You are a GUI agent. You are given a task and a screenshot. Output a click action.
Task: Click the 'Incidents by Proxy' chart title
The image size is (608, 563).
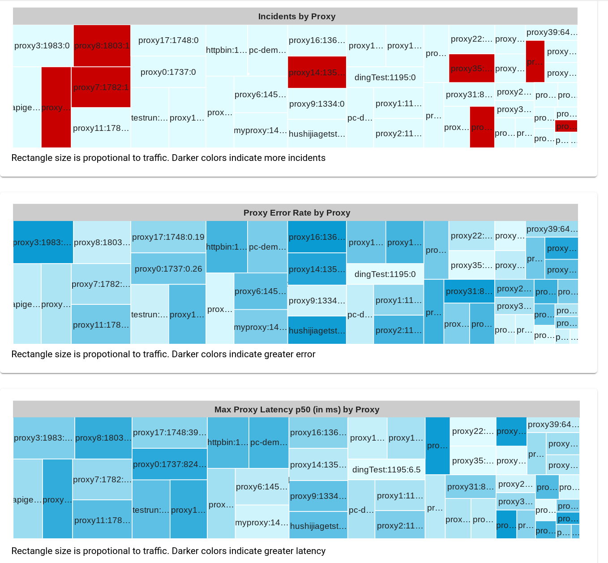(296, 17)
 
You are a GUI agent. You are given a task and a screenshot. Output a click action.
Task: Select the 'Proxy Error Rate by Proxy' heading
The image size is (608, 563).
(296, 213)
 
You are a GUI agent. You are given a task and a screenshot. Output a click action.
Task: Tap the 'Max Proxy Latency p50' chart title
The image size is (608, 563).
(296, 410)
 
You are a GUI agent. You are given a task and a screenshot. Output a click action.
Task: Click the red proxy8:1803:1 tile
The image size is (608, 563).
(102, 46)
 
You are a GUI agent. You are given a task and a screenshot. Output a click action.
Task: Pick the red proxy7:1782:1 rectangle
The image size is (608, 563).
(101, 87)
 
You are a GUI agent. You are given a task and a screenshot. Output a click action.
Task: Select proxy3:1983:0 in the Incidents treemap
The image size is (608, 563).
(43, 46)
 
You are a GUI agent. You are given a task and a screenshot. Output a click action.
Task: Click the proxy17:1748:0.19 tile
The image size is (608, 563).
(168, 237)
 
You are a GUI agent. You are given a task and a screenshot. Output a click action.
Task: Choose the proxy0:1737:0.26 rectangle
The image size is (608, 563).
(168, 269)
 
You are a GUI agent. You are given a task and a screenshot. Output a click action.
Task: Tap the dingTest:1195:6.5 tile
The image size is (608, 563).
(386, 469)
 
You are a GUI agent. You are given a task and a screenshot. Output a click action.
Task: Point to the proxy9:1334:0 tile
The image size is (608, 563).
(317, 104)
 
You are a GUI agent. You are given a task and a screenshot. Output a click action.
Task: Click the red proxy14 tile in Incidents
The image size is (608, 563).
(317, 72)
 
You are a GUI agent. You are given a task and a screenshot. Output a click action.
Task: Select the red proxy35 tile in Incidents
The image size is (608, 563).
(471, 69)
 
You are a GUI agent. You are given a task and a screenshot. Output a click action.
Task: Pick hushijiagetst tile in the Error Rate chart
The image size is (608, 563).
(317, 330)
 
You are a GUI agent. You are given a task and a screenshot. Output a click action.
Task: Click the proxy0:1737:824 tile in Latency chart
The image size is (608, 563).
(169, 464)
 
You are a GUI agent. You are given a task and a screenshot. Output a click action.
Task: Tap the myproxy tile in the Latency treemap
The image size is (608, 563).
(261, 522)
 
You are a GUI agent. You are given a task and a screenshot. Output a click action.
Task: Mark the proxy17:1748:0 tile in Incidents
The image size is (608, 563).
(168, 40)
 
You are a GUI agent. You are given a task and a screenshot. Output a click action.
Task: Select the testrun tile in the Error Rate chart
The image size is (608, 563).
(150, 314)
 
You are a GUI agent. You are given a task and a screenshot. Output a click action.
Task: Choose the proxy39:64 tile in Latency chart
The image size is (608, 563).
(553, 424)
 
